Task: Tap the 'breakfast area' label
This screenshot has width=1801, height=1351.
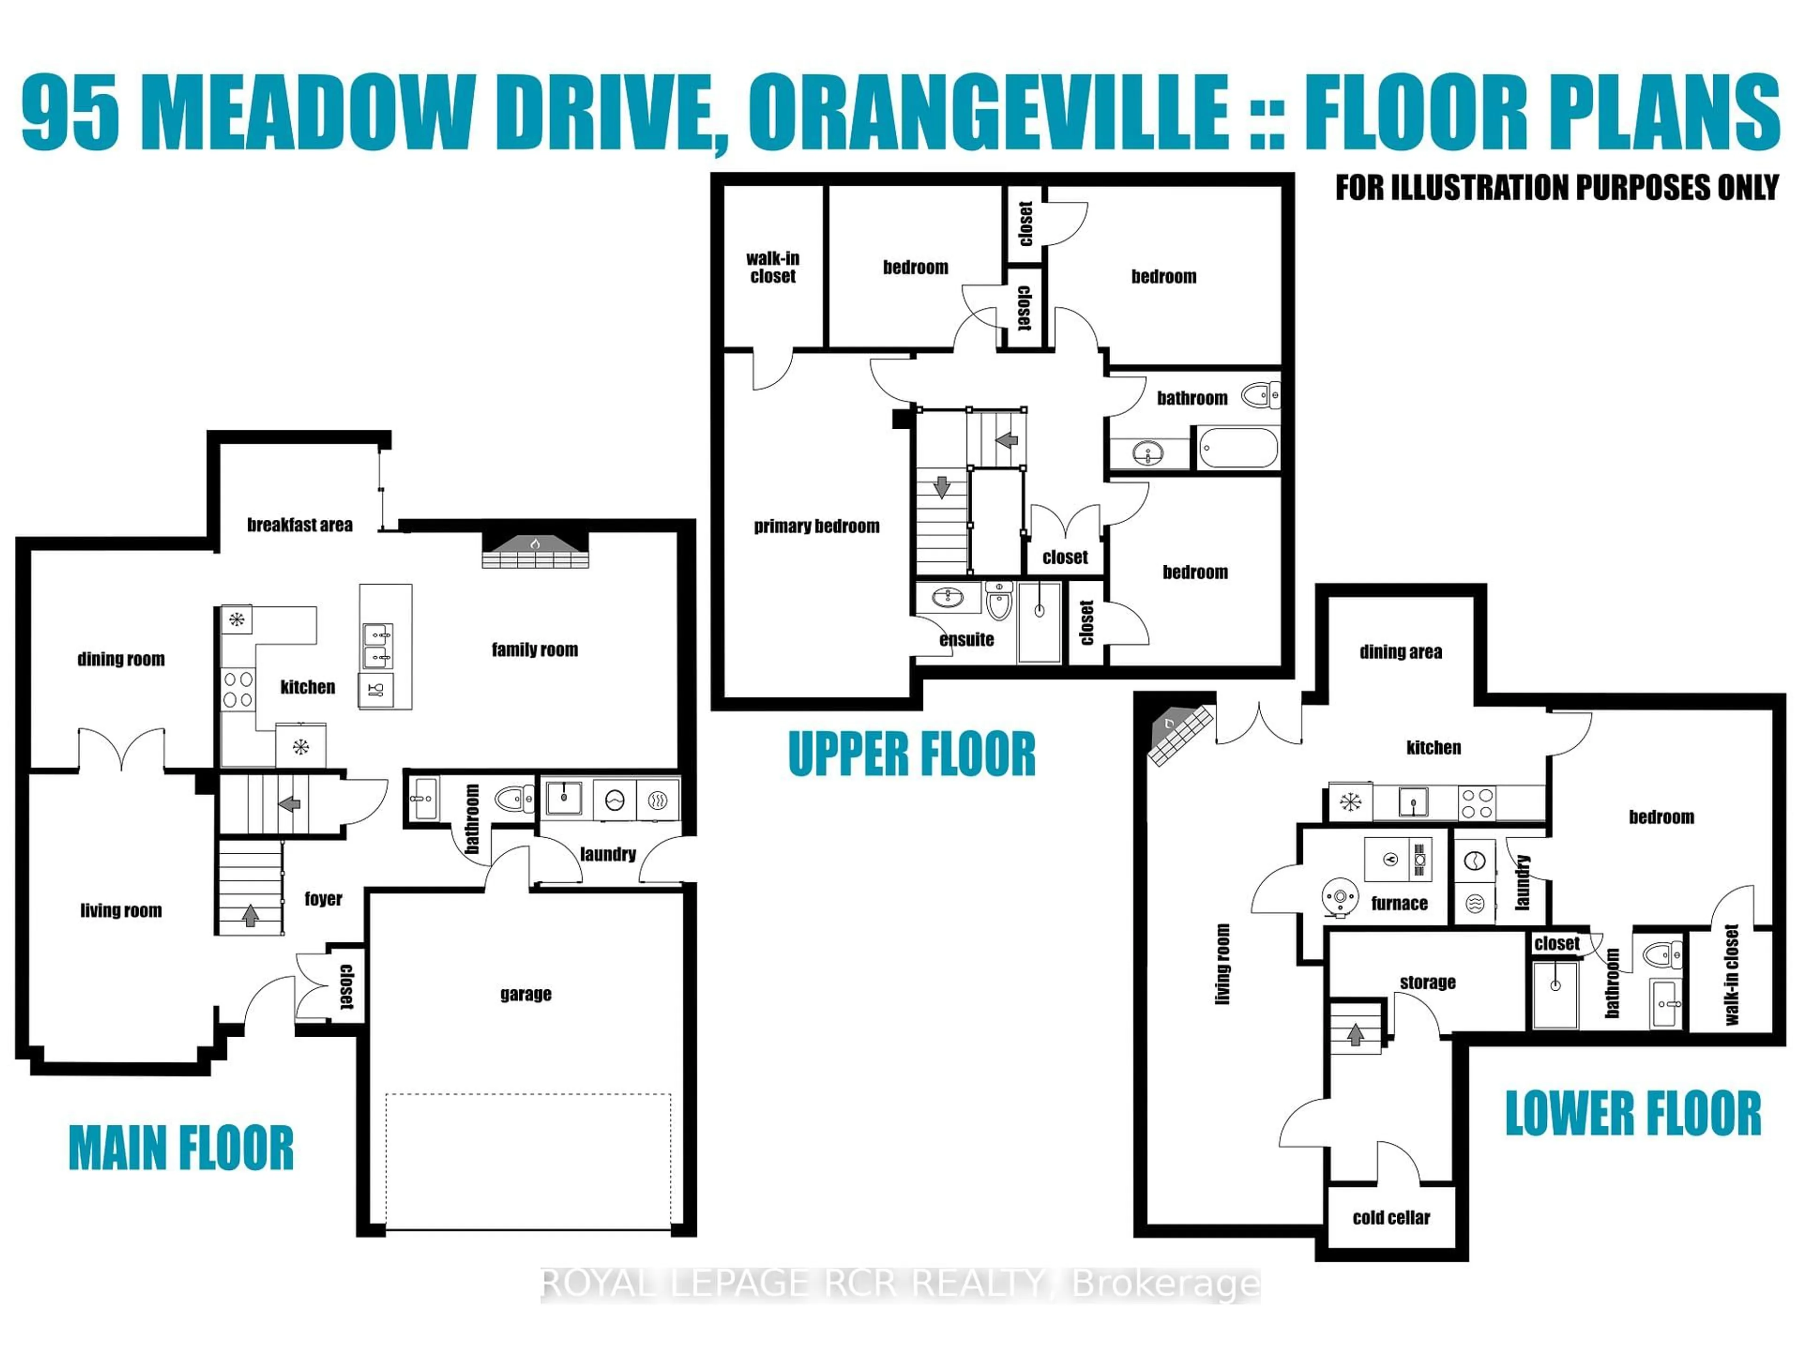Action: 300,525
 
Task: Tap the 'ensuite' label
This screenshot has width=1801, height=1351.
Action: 967,639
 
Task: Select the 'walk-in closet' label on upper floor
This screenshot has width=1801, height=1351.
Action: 772,267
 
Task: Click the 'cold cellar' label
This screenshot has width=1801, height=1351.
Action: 1391,1217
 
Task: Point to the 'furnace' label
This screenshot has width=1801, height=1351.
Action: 1399,903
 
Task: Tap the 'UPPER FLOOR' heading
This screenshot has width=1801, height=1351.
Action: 911,754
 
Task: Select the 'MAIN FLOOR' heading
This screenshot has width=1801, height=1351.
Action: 181,1148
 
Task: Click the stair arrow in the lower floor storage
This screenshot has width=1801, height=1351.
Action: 1355,1034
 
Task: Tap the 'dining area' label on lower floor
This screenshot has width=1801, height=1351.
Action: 1400,652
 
